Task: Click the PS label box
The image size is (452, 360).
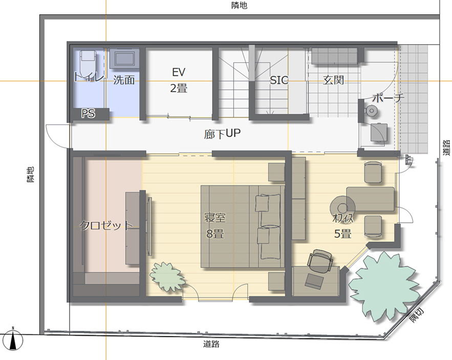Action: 88,113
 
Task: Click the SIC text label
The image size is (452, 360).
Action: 279,79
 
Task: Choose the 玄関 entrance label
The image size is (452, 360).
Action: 334,80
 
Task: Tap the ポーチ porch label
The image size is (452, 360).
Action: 388,98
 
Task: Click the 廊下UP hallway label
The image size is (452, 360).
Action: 222,134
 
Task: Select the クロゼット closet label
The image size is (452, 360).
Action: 106,225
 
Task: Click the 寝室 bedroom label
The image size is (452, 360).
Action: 215,218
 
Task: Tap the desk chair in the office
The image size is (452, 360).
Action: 320,261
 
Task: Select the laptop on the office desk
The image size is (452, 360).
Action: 315,281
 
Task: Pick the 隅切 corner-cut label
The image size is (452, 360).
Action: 417,315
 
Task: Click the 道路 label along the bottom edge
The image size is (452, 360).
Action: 211,344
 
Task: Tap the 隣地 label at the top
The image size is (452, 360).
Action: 239,5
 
